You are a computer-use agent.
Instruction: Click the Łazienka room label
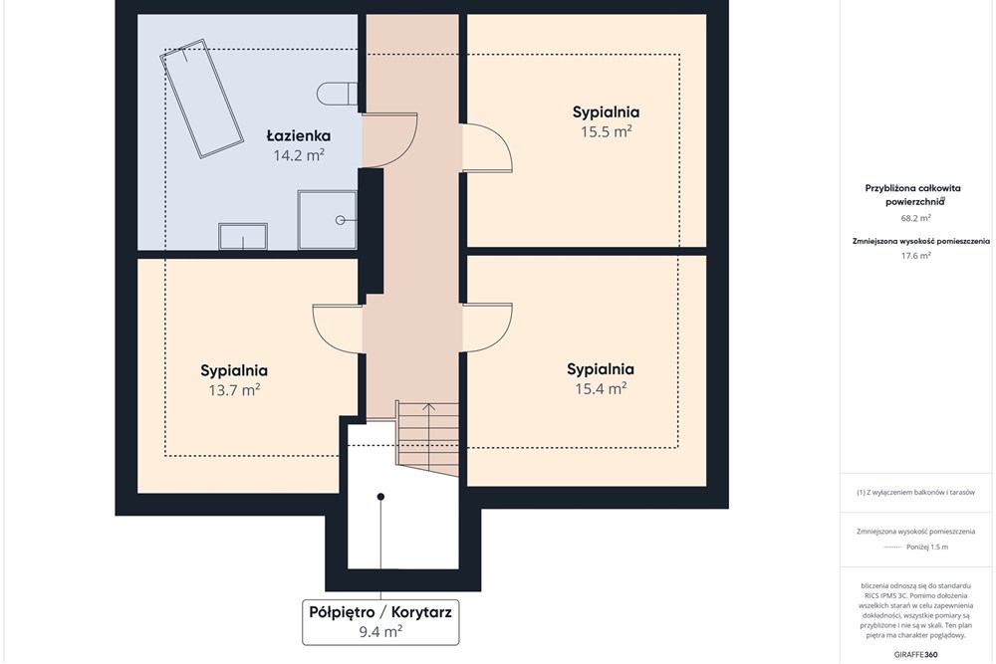(x=298, y=135)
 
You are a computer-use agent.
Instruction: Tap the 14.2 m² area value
(x=299, y=155)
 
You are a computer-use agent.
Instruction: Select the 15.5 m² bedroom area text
(x=606, y=131)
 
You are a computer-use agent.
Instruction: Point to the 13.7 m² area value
(x=234, y=390)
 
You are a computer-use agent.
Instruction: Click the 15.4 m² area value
(x=601, y=388)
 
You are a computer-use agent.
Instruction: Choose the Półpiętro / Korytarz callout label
(x=380, y=612)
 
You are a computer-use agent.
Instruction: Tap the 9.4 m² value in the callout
(x=380, y=631)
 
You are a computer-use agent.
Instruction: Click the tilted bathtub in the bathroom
(x=202, y=99)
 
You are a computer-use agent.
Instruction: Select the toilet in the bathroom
(x=338, y=94)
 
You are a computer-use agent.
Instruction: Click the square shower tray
(x=327, y=220)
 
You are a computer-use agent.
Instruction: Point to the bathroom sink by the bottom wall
(x=243, y=236)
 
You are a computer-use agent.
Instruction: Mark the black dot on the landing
(x=380, y=497)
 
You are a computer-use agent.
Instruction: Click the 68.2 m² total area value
(x=916, y=218)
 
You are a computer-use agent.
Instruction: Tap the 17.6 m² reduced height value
(x=916, y=256)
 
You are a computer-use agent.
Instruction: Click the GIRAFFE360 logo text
(x=915, y=654)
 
